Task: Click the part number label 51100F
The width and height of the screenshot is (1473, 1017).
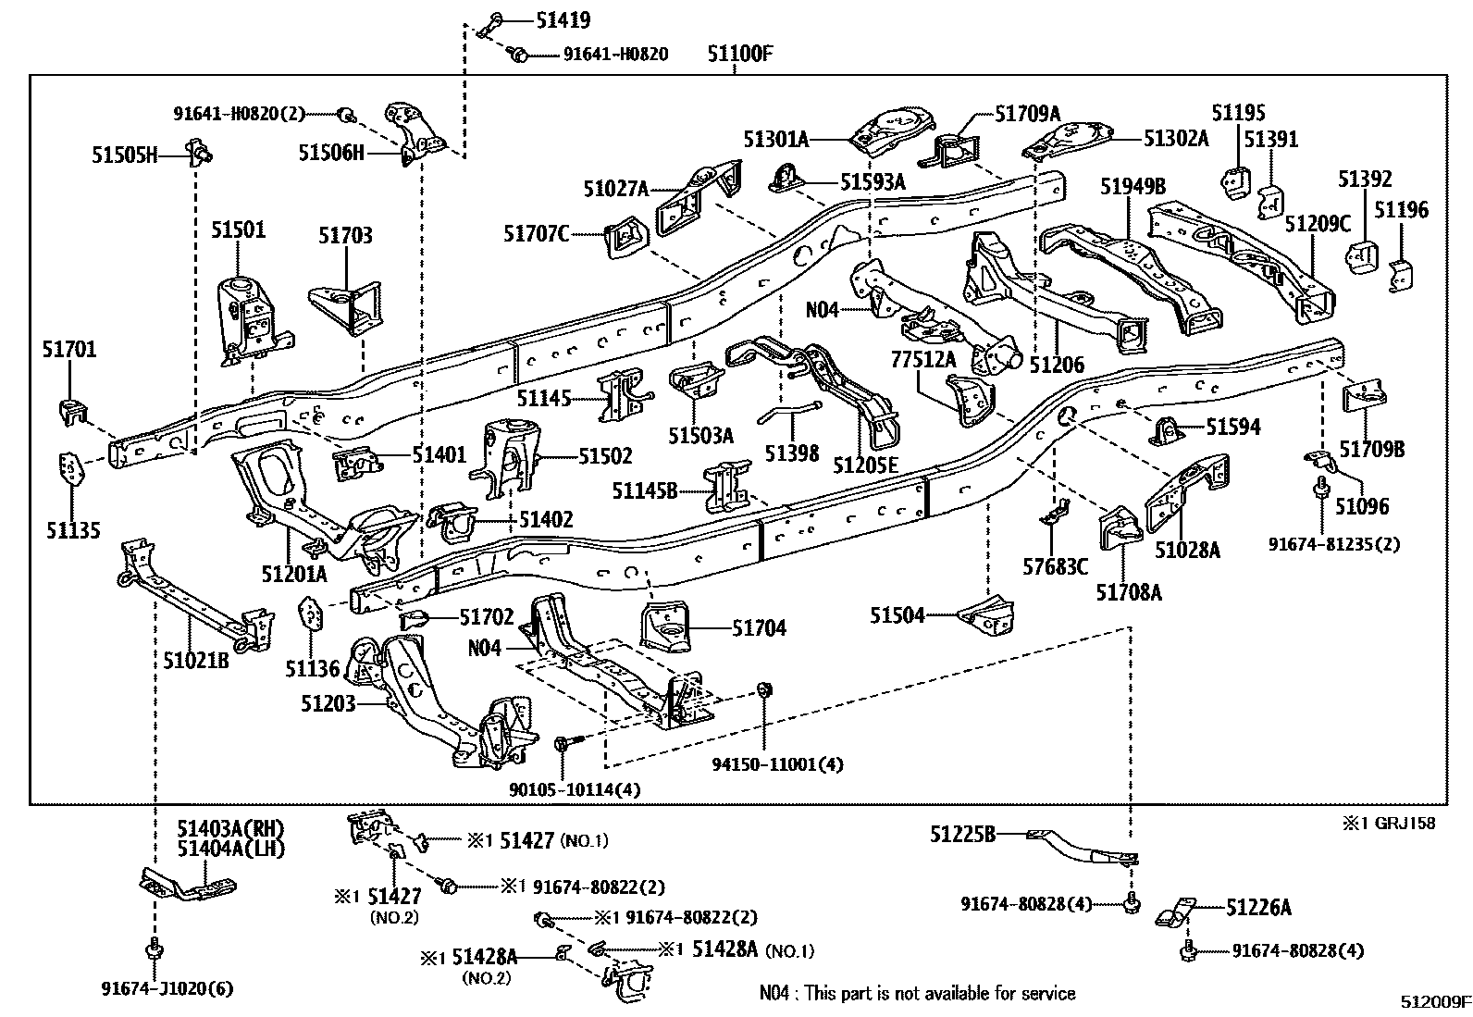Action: pos(740,54)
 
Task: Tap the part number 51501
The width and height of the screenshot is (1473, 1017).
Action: pos(237,229)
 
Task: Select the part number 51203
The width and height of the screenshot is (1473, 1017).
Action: pos(328,703)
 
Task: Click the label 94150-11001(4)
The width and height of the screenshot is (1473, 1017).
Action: pos(777,764)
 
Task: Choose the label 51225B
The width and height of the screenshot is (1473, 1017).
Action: pos(962,835)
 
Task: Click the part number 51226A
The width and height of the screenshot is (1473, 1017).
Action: pos(1258,908)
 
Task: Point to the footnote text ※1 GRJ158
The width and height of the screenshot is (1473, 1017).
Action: pos(1390,823)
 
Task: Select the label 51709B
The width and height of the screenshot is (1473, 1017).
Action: pos(1372,450)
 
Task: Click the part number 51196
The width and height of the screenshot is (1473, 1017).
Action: pos(1401,210)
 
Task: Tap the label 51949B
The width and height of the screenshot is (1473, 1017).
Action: pos(1133,186)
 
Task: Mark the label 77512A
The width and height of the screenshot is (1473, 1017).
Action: pos(923,358)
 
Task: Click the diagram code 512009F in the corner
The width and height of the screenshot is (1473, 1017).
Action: pos(1434,1002)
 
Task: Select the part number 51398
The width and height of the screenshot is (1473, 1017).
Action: pos(791,453)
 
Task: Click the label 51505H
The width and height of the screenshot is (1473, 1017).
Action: pos(124,155)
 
